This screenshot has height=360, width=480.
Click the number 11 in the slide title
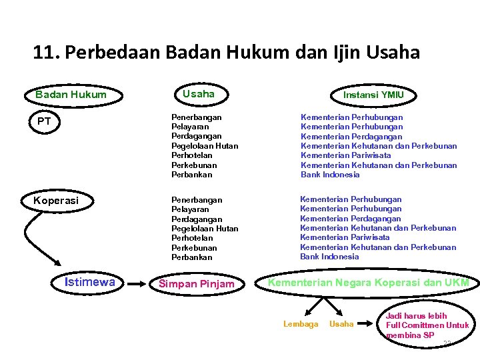tap(44, 52)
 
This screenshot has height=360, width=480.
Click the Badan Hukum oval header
tap(71, 95)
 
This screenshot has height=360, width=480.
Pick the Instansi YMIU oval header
tap(373, 95)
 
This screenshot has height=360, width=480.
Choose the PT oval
tap(45, 121)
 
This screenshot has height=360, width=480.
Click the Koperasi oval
tap(56, 200)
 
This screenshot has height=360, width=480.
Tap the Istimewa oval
tap(89, 282)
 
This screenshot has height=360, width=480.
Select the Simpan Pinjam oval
tap(196, 284)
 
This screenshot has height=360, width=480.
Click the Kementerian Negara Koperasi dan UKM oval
tap(368, 283)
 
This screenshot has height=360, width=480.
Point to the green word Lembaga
tap(301, 324)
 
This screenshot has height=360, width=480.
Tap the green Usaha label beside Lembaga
tap(342, 324)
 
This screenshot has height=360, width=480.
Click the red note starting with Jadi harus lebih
tap(427, 325)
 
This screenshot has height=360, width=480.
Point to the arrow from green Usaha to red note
tap(367, 325)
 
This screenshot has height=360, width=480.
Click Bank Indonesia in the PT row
tap(330, 175)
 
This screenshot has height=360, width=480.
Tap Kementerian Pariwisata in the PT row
tap(345, 155)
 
